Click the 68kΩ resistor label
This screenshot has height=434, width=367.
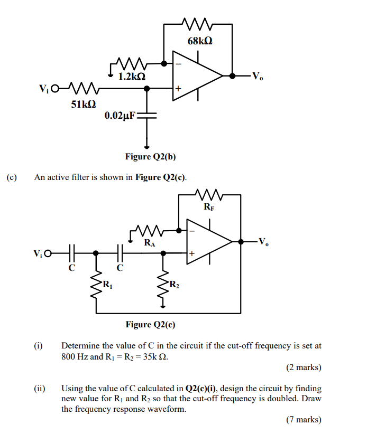200,41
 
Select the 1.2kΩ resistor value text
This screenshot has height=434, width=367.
132,77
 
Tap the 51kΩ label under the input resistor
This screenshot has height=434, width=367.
84,105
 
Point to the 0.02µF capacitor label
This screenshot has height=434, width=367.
120,116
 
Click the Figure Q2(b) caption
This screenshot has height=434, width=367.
150,156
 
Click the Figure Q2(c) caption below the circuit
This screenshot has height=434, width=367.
150,324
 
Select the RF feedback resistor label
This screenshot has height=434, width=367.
209,207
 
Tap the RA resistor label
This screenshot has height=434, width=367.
150,243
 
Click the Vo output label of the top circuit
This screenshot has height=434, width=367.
257,76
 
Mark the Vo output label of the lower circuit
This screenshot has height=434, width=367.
264,242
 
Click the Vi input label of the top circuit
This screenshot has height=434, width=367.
45,88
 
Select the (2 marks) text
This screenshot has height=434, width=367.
304,367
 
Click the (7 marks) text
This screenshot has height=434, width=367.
304,420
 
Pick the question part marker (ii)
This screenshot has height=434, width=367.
40,388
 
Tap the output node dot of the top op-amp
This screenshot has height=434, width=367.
232,76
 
